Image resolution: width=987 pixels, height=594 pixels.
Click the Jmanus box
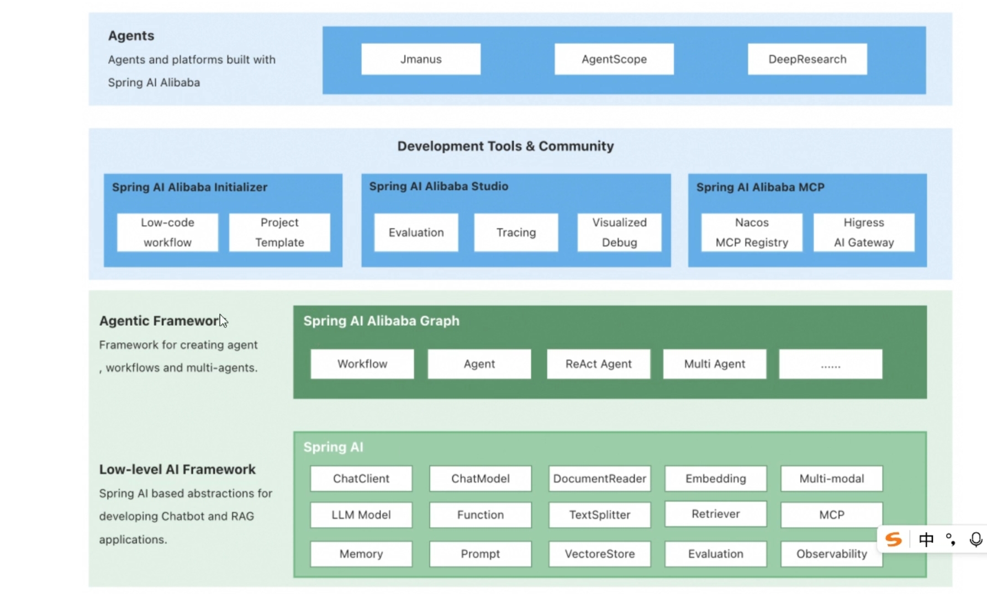click(421, 59)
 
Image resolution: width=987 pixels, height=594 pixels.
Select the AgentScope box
click(614, 59)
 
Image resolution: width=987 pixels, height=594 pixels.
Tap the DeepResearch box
click(807, 59)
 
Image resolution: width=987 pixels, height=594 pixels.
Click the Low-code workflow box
click(167, 232)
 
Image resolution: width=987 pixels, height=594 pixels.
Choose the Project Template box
click(279, 232)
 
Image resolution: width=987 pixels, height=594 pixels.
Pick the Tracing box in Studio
click(516, 232)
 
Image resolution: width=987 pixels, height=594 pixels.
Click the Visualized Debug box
click(619, 232)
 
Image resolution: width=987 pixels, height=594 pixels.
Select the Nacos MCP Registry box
click(752, 232)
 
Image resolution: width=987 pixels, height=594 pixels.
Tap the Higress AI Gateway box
click(864, 232)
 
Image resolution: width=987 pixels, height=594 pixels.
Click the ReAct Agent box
click(599, 364)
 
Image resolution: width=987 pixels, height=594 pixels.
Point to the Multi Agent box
click(715, 364)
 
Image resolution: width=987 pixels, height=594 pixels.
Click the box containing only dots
click(831, 364)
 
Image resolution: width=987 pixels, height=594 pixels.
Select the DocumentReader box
click(600, 479)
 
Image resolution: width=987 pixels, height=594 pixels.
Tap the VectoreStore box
click(600, 554)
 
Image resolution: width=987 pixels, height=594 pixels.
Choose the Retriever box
click(716, 514)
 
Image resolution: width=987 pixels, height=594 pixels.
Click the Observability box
click(832, 554)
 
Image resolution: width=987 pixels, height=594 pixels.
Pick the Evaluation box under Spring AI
click(716, 554)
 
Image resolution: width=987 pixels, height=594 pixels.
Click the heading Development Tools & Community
click(505, 146)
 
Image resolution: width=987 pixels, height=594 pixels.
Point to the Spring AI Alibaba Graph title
click(381, 321)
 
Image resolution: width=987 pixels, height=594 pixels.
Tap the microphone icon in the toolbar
click(976, 539)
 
